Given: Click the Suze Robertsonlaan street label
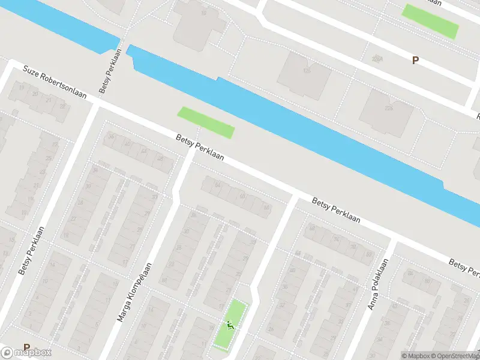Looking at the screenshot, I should click(x=55, y=83).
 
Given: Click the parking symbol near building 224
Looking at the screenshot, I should click(x=415, y=60).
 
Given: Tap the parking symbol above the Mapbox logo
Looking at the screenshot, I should click(x=26, y=347).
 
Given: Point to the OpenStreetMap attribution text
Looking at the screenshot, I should click(x=451, y=355).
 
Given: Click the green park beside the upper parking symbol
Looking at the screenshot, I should click(x=430, y=21).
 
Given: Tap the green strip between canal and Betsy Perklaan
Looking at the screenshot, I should click(x=205, y=122).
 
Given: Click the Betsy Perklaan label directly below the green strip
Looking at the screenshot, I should click(x=200, y=148).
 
